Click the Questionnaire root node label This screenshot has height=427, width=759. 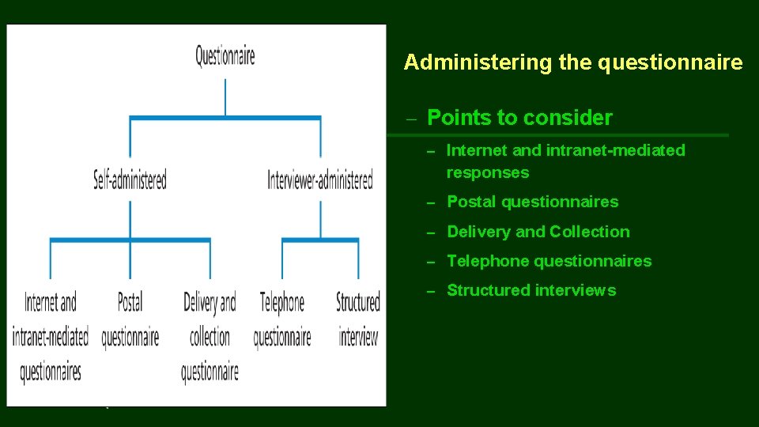click(225, 56)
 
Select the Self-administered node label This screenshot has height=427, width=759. click(130, 180)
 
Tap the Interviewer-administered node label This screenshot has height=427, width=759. click(320, 180)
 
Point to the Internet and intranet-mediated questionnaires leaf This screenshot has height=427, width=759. click(51, 336)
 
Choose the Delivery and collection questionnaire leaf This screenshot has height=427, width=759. click(210, 336)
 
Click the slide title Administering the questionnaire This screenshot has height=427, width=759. click(573, 62)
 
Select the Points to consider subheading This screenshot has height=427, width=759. click(519, 118)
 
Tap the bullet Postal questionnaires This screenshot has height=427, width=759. click(533, 202)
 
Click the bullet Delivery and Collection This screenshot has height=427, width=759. click(538, 232)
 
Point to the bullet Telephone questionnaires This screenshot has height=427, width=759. click(549, 261)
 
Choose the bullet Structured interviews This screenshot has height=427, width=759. click(531, 290)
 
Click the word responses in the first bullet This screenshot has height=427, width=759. click(488, 172)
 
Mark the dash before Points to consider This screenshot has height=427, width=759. click(410, 119)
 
